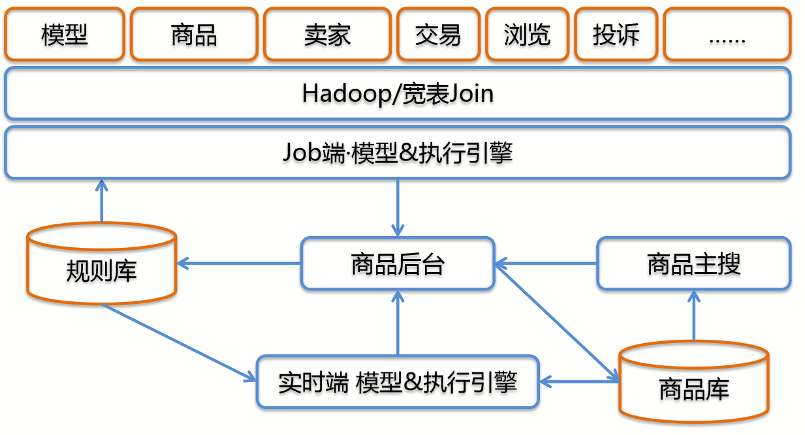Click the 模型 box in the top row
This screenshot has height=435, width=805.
pos(64,34)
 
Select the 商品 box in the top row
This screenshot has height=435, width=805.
pos(194,34)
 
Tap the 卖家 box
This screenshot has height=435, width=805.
pos(327,34)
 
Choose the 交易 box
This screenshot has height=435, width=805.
pos(437,34)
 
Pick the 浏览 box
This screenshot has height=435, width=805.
pos(527,34)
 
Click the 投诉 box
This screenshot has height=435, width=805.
pos(616,34)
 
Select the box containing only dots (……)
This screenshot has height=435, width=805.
pos(727,34)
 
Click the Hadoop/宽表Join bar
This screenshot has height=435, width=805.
pos(398,93)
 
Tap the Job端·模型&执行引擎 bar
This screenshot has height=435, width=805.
pos(398,153)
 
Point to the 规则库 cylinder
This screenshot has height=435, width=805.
pos(101,267)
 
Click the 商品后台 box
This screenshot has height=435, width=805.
pos(398,263)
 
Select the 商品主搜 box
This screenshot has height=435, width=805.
pos(693,263)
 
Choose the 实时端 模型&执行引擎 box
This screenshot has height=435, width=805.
pos(398,382)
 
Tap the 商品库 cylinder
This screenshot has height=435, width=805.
pos(693,385)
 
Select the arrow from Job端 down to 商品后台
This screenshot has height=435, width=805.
pos(398,207)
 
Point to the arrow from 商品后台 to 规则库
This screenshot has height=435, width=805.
pos(239,263)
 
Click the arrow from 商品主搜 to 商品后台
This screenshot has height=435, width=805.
pos(546,263)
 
